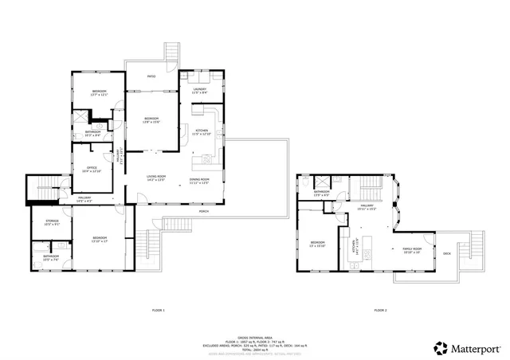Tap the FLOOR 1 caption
click(158, 310)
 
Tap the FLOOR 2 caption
click(381, 310)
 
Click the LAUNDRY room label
click(199, 90)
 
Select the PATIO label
click(151, 76)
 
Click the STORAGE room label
click(52, 222)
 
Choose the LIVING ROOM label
click(155, 178)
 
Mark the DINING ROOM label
click(199, 180)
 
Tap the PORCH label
click(203, 212)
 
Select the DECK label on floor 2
click(447, 254)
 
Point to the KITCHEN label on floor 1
click(202, 132)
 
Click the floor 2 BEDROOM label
click(318, 243)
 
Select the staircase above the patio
click(170, 50)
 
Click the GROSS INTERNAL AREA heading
click(254, 338)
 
